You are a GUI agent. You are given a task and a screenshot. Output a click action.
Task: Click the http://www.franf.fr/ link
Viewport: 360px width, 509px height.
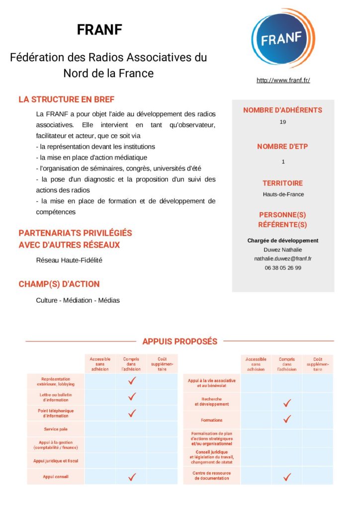[283, 80]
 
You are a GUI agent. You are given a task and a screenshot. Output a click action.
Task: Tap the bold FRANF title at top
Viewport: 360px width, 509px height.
[99, 30]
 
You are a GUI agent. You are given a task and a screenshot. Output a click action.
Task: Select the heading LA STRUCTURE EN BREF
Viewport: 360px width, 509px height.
[66, 99]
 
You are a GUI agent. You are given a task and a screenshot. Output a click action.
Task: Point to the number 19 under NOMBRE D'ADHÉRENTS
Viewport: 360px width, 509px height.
[283, 122]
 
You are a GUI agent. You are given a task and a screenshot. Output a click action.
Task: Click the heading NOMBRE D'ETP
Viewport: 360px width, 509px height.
[282, 147]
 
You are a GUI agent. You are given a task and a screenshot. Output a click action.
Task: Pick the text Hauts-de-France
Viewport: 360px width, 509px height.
[283, 194]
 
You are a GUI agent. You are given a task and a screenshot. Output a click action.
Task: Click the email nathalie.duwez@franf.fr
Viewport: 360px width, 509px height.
[283, 258]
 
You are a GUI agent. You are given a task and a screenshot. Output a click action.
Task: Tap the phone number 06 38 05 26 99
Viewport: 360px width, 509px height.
[283, 267]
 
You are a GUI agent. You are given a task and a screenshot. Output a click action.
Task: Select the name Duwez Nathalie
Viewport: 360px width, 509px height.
[283, 250]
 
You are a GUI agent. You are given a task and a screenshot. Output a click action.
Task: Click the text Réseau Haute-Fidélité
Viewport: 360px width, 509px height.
[69, 260]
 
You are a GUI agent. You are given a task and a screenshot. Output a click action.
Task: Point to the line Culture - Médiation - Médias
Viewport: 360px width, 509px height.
[78, 300]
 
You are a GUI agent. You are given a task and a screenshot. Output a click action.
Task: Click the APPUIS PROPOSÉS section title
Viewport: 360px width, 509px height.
[180, 341]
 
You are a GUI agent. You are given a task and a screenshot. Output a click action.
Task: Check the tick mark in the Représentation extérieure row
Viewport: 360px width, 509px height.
[132, 381]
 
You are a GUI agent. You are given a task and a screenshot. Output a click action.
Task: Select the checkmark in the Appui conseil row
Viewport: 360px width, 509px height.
[132, 477]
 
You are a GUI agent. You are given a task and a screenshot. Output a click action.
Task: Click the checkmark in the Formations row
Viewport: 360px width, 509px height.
[286, 420]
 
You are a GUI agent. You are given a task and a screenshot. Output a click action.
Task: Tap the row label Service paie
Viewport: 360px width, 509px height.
[56, 428]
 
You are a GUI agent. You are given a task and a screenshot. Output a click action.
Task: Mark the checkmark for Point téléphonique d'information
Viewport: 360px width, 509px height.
[132, 413]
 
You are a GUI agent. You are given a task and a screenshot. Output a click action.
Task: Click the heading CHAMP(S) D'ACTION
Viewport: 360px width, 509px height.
[59, 284]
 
